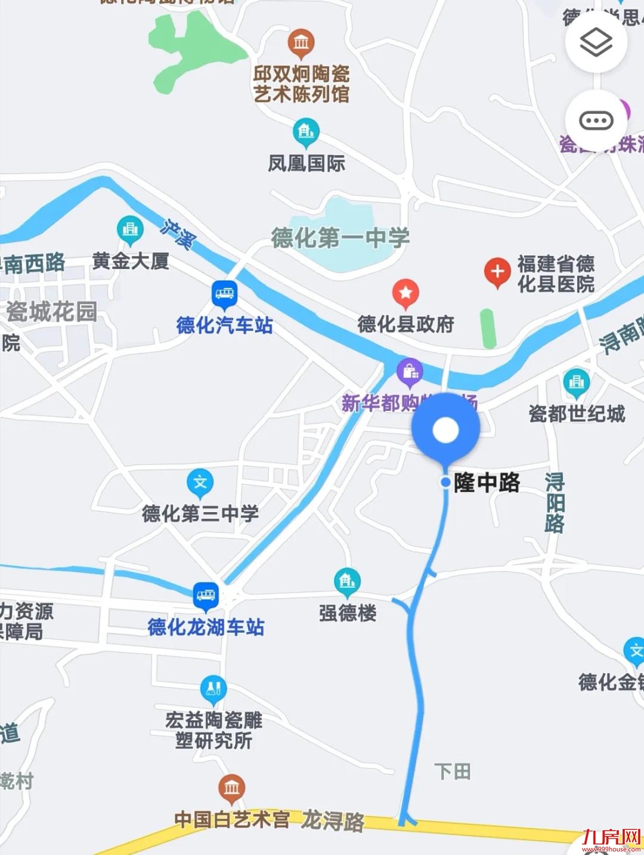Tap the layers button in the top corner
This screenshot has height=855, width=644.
tap(596, 42)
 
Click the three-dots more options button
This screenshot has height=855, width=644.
tap(596, 121)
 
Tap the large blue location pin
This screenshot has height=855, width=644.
tap(445, 430)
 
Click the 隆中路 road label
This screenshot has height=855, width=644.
tap(486, 482)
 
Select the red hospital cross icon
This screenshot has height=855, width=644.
tap(497, 272)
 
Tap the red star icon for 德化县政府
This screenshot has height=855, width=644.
tap(405, 293)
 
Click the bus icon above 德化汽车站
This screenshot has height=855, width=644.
tap(224, 293)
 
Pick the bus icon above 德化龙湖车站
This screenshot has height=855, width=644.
tap(206, 596)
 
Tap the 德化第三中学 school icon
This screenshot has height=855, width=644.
tap(200, 482)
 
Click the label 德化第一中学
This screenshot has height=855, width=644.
tap(340, 238)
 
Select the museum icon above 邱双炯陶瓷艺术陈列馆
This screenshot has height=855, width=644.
tap(301, 43)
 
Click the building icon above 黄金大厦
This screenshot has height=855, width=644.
tap(130, 229)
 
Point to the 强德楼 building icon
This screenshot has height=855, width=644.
tap(347, 581)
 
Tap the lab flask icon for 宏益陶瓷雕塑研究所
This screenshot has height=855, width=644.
tap(213, 689)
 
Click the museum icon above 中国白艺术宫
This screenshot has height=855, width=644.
tap(231, 788)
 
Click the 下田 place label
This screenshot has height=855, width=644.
tap(452, 772)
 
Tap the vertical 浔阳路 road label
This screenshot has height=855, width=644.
tap(555, 502)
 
